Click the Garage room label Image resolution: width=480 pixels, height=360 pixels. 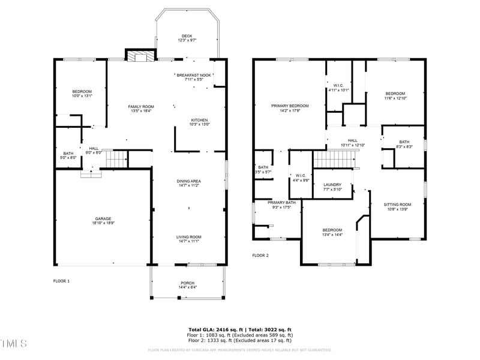[103, 218]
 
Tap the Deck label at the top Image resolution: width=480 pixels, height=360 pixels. [187, 35]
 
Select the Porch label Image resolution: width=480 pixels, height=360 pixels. [188, 283]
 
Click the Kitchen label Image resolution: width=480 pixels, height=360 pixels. [199, 119]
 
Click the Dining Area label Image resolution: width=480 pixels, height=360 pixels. [188, 181]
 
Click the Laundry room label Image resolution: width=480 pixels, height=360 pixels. [332, 185]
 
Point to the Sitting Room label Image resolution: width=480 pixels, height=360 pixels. [397, 205]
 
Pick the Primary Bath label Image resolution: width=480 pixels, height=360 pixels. [281, 203]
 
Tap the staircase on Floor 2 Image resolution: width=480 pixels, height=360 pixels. [334, 160]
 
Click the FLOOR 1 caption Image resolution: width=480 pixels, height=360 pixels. [62, 281]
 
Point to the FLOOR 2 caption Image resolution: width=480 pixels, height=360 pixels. [260, 255]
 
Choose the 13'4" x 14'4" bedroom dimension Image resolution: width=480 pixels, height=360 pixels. [332, 235]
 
